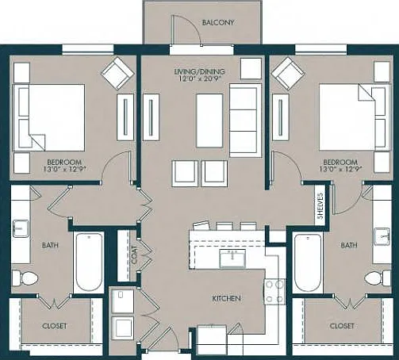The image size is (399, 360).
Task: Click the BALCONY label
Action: (x=218, y=22)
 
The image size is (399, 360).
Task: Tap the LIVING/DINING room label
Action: (x=200, y=71)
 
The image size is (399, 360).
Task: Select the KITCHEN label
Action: (x=227, y=298)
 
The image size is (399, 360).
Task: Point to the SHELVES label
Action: (x=320, y=206)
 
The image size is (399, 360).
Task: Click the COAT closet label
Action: (x=134, y=255)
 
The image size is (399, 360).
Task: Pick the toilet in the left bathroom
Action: (x=25, y=278)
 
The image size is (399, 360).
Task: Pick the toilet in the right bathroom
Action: (x=378, y=278)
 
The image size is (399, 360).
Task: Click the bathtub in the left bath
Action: (x=88, y=262)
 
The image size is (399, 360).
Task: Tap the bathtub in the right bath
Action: (x=308, y=262)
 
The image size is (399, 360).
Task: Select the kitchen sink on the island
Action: (x=232, y=259)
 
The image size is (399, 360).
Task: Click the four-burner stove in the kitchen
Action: (x=274, y=292)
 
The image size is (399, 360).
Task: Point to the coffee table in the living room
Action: (x=209, y=121)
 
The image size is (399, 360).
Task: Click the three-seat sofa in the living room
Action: (x=245, y=121)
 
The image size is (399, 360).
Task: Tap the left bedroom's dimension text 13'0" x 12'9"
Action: (x=64, y=169)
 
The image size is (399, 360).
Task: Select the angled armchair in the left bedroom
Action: (x=117, y=72)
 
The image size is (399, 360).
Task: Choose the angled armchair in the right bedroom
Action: (x=288, y=73)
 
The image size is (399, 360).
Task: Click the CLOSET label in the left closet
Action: (x=55, y=326)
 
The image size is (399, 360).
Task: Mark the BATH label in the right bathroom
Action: (x=349, y=245)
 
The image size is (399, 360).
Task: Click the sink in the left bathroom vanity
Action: (x=21, y=228)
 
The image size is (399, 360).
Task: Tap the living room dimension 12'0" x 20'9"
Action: (x=201, y=79)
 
